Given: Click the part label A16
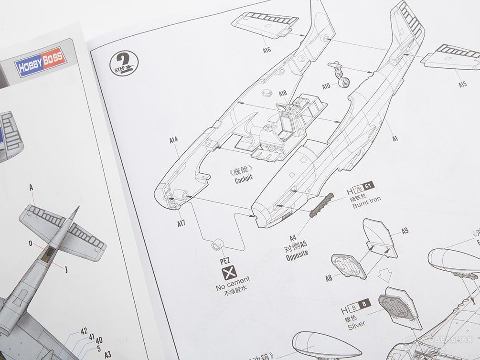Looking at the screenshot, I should tap(267, 50).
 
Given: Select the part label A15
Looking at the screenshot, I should tap(462, 84).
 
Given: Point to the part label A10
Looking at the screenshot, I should tap(326, 86).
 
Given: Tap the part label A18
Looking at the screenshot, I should tap(282, 94).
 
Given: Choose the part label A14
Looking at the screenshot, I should tap(173, 140).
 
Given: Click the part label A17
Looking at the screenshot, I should tap(181, 222).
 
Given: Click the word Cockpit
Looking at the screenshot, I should tap(243, 180).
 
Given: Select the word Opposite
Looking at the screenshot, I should tap(296, 252).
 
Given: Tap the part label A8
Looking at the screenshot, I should tap(329, 276).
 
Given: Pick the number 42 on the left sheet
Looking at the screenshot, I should tap(84, 330).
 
